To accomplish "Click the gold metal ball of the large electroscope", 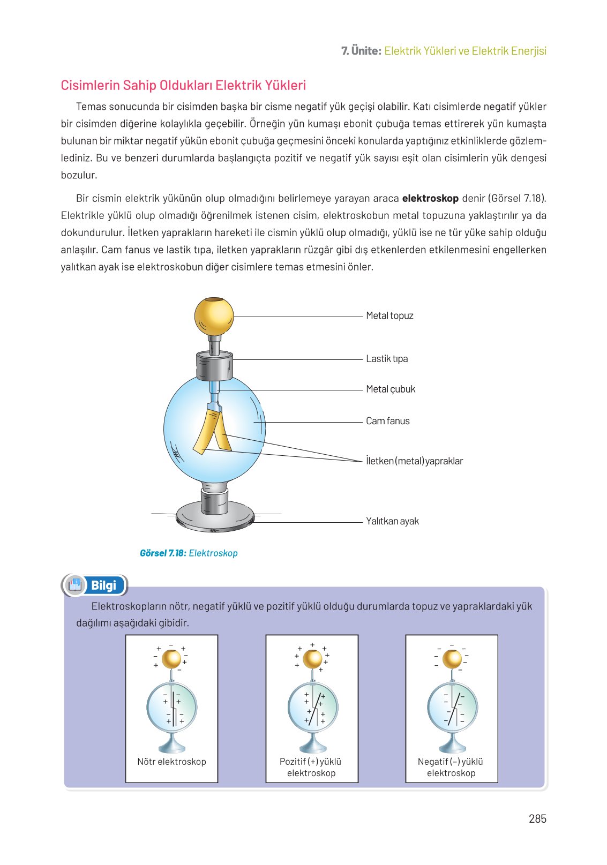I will point(214,317).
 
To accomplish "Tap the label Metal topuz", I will point(389,316).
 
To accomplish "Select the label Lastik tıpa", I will point(387,359).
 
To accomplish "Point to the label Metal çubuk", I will point(391,389).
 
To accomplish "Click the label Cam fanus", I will point(387,421).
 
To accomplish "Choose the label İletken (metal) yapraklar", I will point(414,461).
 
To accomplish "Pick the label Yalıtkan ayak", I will point(392,521).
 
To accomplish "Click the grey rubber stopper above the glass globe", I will point(214,365).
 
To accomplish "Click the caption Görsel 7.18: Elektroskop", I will point(189,553).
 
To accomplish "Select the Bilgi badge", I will point(95,585).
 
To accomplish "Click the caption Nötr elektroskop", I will point(171,762).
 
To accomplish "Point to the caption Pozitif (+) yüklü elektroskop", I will point(311,767).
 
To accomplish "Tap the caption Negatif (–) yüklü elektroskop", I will point(451,767).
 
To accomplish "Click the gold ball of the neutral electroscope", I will point(171,659).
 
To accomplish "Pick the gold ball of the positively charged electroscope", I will point(312,659).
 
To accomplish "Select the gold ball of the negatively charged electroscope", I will point(452,659).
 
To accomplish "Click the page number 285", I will point(537,818).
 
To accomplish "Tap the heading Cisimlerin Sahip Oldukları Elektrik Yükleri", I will point(183,86).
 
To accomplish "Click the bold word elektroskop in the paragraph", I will point(430,199).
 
